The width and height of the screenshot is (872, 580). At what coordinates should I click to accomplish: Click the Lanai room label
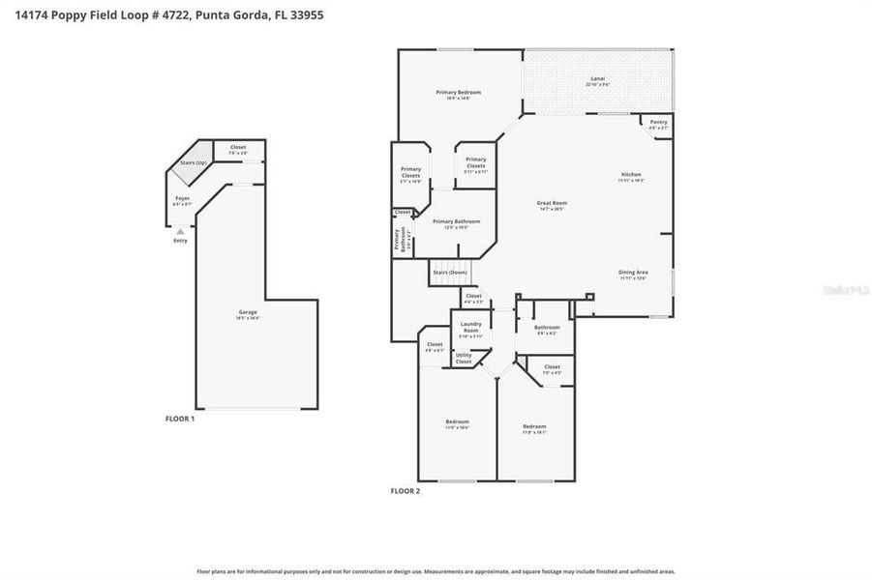(x=597, y=80)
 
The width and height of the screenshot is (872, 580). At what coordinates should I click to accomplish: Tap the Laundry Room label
(x=471, y=326)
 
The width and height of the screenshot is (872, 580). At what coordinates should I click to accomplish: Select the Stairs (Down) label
(x=450, y=273)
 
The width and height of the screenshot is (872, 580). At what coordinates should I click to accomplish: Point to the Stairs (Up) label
(x=194, y=162)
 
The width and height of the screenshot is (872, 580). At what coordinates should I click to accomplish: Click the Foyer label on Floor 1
(x=182, y=200)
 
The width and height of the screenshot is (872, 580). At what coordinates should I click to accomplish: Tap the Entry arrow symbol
(x=180, y=232)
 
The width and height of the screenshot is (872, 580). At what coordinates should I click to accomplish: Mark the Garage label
(x=249, y=313)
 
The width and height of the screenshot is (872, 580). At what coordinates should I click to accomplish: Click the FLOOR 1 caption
(x=180, y=419)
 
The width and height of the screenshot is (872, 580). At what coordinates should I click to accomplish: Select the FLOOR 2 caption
(x=405, y=491)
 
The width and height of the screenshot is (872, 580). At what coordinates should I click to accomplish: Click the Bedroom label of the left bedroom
(x=457, y=423)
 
